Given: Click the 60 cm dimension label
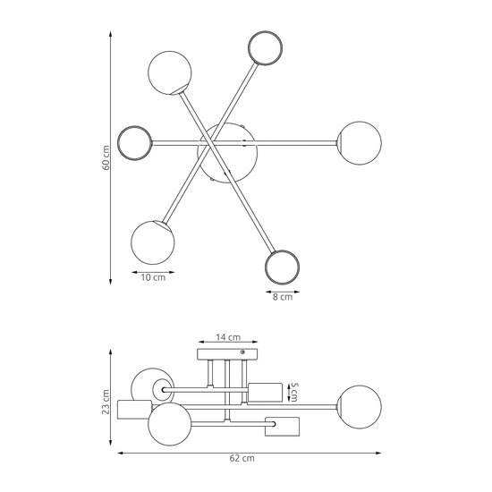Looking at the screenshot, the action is tap(106, 157).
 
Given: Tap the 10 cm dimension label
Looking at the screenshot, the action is tap(153, 277).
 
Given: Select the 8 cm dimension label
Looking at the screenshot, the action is tap(283, 297).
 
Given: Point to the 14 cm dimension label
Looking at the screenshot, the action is tap(228, 337).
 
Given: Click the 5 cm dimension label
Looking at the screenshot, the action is tap(294, 392).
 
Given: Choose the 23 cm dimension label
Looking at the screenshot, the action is tap(106, 402).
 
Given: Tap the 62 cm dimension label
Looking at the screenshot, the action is tap(242, 458).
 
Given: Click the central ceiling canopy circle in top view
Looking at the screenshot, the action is tap(227, 153).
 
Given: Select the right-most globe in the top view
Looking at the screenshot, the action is tap(360, 143).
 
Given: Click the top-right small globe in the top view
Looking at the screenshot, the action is tap(265, 48).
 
